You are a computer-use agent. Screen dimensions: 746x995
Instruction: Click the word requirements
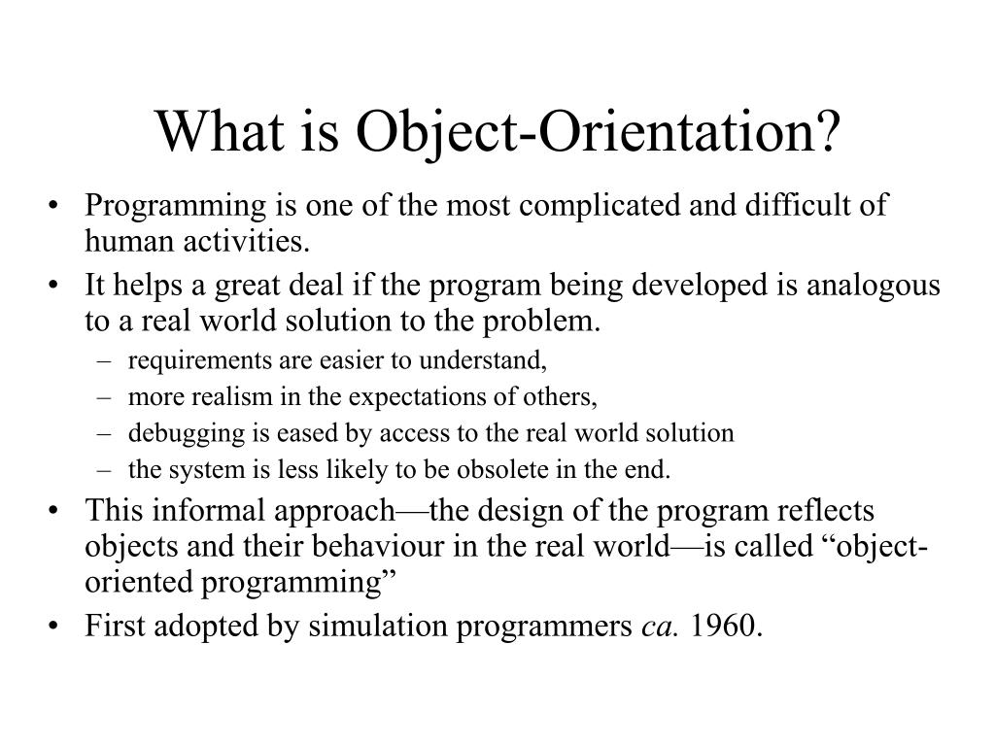(187, 361)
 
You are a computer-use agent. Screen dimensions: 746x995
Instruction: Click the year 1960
(728, 627)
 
